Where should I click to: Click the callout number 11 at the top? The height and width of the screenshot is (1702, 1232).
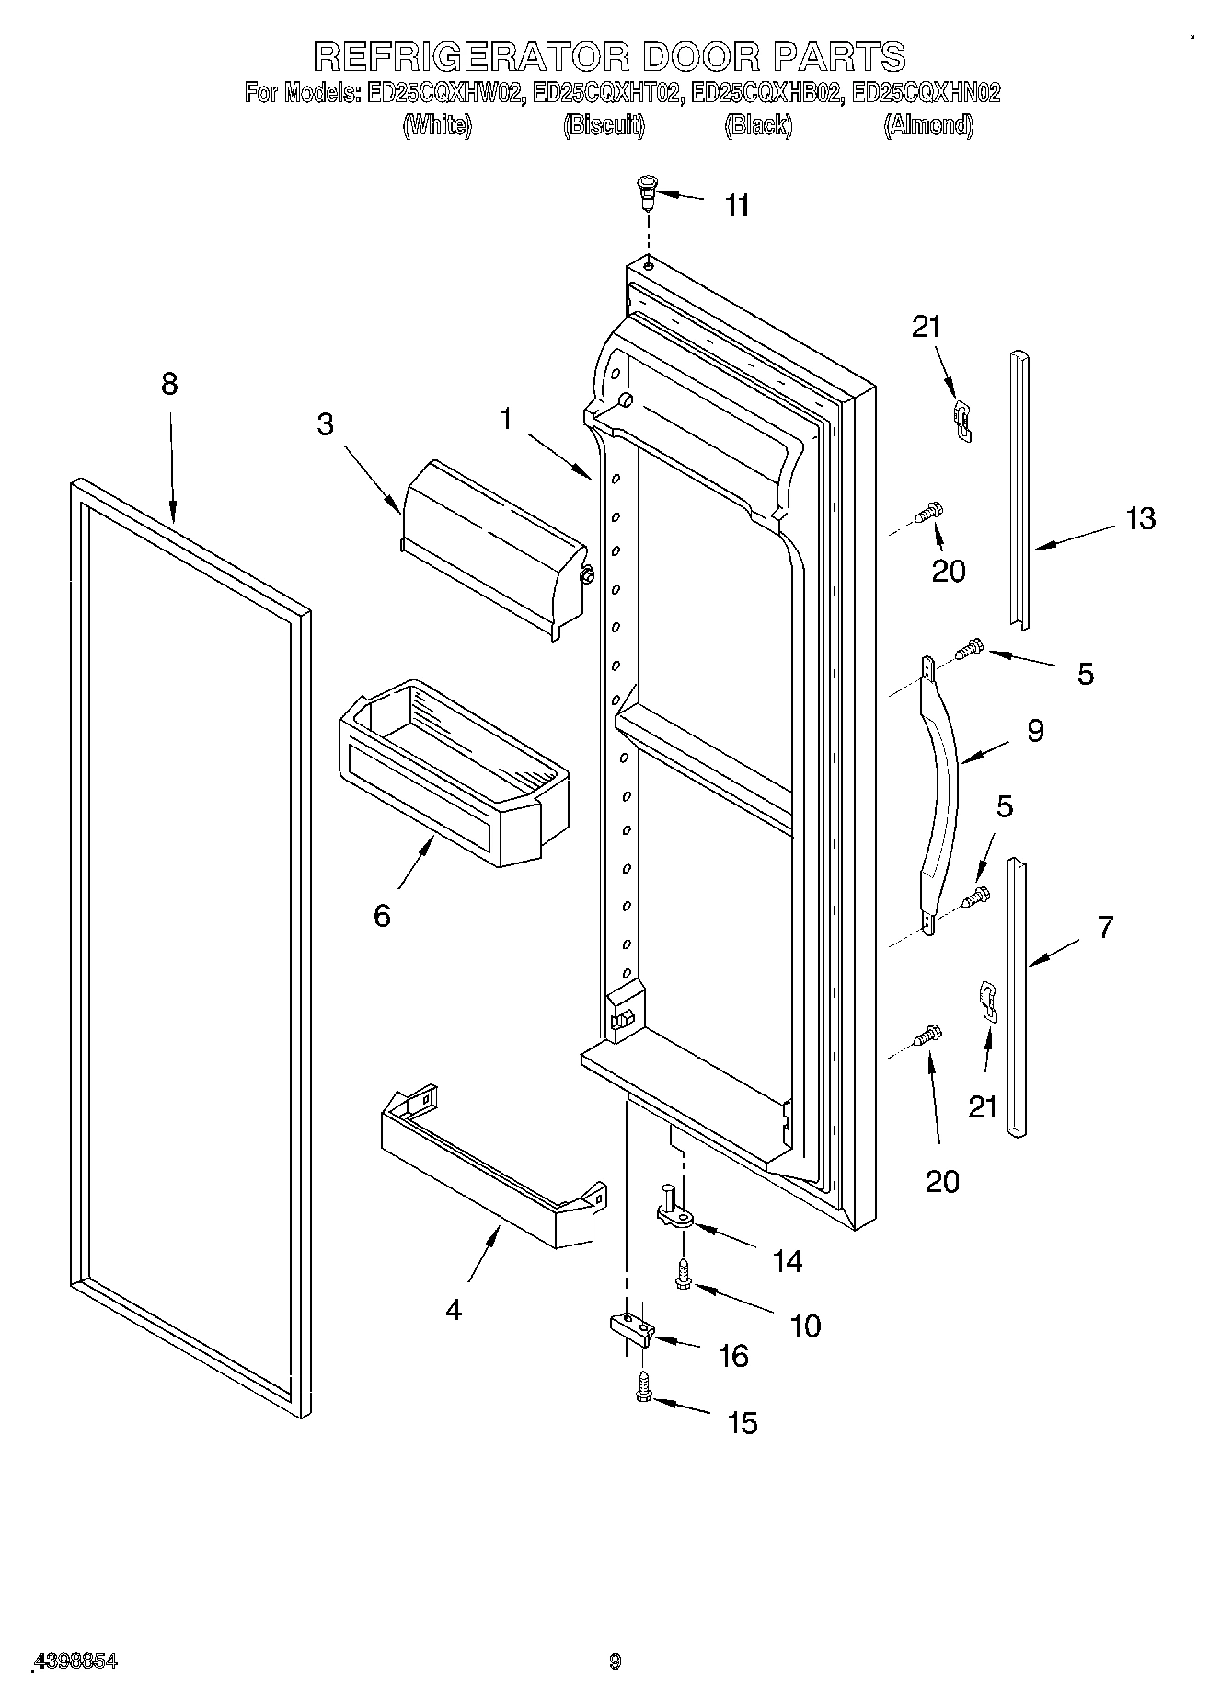click(x=737, y=205)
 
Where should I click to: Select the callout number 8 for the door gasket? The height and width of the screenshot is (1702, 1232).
click(x=169, y=384)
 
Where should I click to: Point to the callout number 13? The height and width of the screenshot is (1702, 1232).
click(x=1140, y=519)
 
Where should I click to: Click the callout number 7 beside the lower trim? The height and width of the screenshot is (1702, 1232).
click(x=1104, y=926)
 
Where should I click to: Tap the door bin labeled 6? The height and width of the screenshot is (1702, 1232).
click(x=451, y=772)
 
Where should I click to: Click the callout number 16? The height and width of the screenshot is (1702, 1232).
click(x=732, y=1356)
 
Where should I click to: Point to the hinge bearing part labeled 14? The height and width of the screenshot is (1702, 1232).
click(x=673, y=1210)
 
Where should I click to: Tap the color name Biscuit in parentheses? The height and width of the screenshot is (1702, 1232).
click(x=604, y=125)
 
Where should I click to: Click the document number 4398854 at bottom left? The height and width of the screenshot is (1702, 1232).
click(x=75, y=1661)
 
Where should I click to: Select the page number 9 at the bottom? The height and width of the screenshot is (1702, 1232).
click(x=616, y=1661)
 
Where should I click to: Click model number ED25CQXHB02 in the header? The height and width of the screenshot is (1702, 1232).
click(x=766, y=93)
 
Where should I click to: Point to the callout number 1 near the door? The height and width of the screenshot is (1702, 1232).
click(x=505, y=419)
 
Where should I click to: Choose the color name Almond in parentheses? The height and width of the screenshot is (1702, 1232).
click(x=928, y=125)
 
